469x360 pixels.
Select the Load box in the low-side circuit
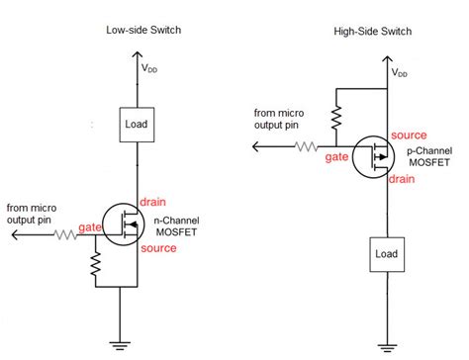click(x=136, y=125)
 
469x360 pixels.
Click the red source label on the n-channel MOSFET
click(x=158, y=249)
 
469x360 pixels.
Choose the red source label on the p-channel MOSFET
click(x=409, y=135)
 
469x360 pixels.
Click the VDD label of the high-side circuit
click(x=400, y=71)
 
